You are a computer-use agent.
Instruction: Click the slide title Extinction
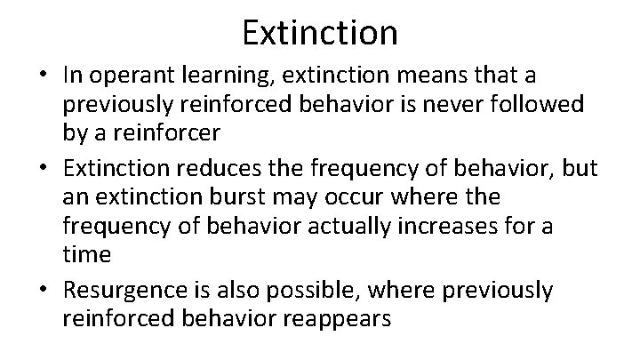click(319, 33)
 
